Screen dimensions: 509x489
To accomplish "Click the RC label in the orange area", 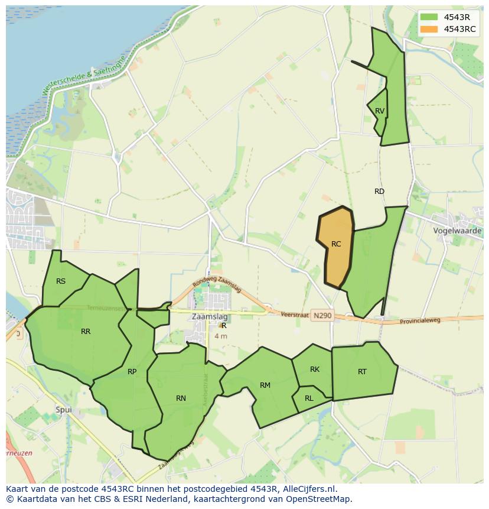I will (336, 244).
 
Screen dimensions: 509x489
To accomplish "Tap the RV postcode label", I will (380, 111).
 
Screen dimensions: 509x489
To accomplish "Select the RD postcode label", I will (379, 192).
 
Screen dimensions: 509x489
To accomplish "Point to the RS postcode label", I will (61, 281).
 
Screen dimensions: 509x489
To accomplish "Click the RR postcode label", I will (86, 332).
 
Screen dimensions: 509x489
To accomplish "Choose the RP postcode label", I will (132, 372).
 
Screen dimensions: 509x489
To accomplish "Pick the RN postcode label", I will (181, 398).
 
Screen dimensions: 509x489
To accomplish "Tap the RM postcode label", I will (265, 385).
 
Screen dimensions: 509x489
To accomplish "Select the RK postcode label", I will (315, 369).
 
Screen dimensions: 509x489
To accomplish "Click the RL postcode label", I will (309, 398).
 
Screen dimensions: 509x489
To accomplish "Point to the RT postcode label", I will (362, 372).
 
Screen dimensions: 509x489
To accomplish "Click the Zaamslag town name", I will (210, 317).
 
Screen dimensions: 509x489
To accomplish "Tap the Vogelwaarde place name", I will (457, 231).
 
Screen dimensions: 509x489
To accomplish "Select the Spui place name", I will (63, 410).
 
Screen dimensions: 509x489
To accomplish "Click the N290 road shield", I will (323, 316).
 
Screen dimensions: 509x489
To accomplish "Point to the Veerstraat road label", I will (295, 315).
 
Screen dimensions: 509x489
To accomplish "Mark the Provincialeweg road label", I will (420, 320).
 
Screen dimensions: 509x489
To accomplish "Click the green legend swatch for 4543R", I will (429, 17).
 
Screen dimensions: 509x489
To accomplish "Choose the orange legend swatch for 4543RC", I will (429, 29).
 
